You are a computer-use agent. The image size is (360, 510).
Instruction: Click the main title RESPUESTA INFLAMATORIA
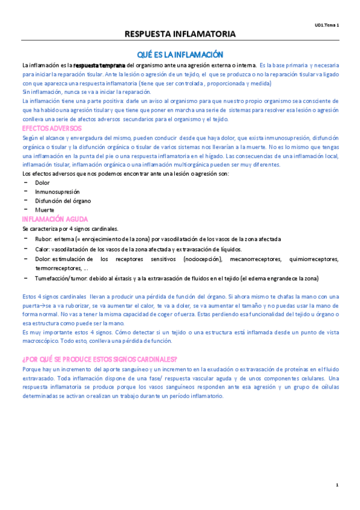tap(180, 34)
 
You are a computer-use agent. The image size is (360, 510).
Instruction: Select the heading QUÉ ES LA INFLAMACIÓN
tap(180, 54)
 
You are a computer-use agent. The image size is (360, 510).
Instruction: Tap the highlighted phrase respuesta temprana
tap(99, 65)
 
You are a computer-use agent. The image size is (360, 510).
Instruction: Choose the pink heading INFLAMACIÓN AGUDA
tap(55, 219)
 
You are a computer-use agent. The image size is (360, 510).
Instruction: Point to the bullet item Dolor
tap(43, 182)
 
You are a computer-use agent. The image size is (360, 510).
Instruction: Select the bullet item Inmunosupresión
tap(57, 191)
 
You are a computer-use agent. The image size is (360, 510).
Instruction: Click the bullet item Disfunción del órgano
tap(63, 200)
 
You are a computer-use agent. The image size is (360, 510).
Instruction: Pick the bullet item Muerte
tap(45, 209)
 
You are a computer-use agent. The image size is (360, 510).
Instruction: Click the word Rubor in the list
tap(44, 239)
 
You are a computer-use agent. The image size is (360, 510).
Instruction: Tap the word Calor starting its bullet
tap(43, 248)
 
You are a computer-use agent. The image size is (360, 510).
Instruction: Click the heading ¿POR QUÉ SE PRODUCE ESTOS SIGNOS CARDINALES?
tap(99, 360)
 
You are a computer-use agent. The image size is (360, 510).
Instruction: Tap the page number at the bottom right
tap(337, 485)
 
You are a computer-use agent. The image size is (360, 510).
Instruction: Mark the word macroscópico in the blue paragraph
tap(43, 340)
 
